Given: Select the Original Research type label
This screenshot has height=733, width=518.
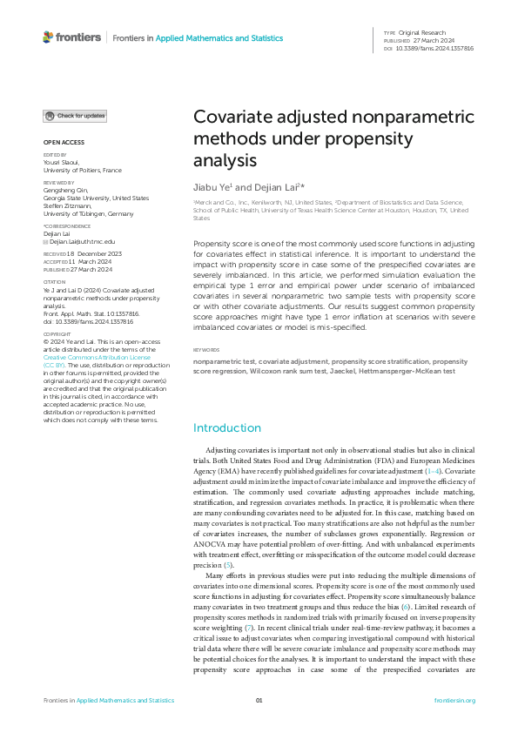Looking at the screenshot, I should [423, 32].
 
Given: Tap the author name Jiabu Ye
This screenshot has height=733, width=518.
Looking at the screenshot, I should [212, 186].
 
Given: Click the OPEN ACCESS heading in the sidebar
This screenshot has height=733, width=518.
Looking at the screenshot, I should [64, 141].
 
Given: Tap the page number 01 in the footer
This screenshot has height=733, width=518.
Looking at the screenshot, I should [259, 700].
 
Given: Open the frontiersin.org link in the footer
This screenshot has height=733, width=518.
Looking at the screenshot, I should [453, 700].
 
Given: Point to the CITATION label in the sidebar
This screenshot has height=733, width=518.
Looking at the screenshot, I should [54, 281].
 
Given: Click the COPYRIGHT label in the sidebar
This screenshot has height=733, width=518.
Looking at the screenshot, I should [57, 358].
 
